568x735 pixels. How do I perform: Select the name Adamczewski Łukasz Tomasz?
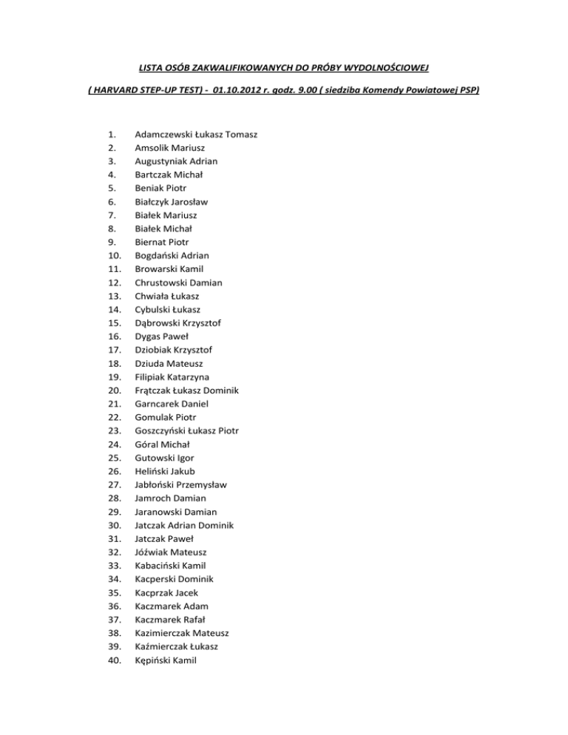coord(191,135)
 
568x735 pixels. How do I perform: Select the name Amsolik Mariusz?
coord(170,148)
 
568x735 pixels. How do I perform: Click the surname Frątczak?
coord(156,390)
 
